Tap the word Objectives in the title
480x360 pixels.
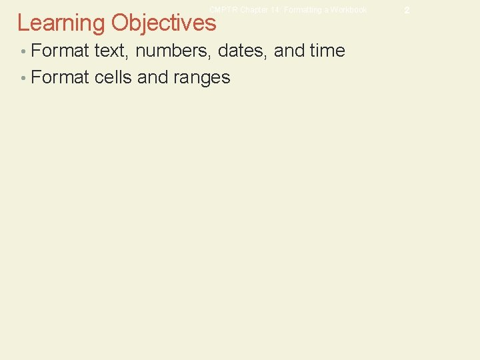pos(164,23)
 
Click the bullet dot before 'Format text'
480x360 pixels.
pos(23,51)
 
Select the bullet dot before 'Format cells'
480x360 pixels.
pos(23,78)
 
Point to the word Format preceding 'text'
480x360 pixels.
pos(60,51)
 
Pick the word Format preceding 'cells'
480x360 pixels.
pos(60,77)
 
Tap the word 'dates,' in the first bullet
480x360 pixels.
pos(240,51)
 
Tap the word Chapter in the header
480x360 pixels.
pos(255,10)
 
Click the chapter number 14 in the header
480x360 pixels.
pos(276,10)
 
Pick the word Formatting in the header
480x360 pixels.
pos(302,10)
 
